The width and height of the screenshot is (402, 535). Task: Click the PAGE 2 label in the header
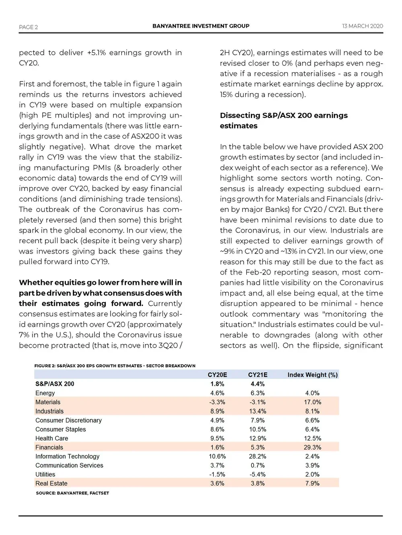[28, 27]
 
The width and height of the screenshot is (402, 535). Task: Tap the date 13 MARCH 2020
[362, 26]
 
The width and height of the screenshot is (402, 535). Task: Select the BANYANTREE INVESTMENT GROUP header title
[201, 26]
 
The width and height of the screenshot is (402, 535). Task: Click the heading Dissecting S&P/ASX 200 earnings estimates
[283, 120]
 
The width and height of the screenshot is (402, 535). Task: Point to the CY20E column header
[217, 375]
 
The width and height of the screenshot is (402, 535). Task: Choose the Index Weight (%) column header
[312, 375]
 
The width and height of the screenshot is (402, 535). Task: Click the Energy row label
[45, 393]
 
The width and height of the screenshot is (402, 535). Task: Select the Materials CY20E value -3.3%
[217, 402]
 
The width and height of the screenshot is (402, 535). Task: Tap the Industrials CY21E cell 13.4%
[257, 411]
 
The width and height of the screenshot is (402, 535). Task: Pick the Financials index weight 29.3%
[312, 448]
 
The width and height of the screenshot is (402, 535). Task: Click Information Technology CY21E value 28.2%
[257, 456]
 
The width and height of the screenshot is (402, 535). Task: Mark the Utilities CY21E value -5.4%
[257, 474]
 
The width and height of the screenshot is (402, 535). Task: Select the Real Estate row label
[51, 484]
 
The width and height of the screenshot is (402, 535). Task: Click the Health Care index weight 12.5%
[312, 438]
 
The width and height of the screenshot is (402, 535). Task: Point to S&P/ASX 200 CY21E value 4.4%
[257, 384]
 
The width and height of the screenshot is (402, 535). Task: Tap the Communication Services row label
[69, 466]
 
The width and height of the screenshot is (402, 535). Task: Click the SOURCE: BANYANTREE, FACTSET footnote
[72, 493]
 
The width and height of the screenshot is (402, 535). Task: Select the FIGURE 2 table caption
[115, 366]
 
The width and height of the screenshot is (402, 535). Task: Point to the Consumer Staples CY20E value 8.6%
[217, 429]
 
